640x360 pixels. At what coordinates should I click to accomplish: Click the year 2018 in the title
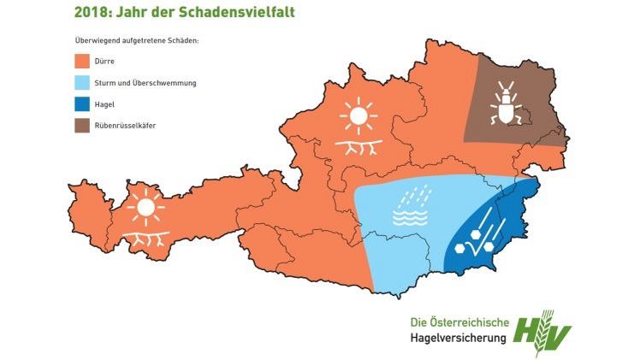click(x=94, y=13)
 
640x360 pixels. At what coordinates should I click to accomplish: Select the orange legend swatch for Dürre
click(x=82, y=62)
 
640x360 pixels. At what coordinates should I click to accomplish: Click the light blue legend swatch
click(x=82, y=84)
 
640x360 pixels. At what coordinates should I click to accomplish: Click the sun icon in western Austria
click(x=145, y=207)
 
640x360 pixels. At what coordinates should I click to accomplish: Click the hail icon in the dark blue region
click(x=476, y=235)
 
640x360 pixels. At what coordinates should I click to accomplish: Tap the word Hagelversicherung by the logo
click(x=456, y=338)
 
